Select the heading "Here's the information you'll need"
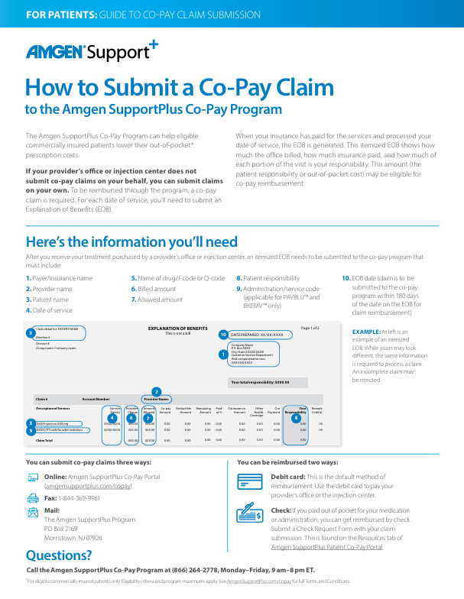coord(131,242)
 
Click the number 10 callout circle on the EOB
coord(223,335)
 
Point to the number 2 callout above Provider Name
coord(156,391)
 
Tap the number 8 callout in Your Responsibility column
coord(296,418)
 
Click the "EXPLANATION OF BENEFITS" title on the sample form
coord(176,329)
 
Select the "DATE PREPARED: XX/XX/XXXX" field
coord(257,335)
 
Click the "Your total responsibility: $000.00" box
coord(260,382)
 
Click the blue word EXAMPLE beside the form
coord(365,332)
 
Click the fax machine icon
coord(33,497)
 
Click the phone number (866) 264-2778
coord(176,570)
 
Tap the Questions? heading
coord(58,555)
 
